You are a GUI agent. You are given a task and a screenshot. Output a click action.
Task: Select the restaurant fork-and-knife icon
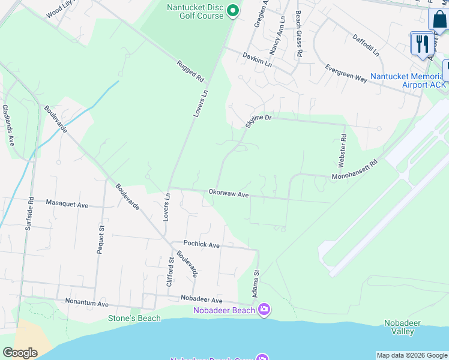(422, 43)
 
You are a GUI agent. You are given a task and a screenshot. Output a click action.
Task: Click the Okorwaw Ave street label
(228, 194)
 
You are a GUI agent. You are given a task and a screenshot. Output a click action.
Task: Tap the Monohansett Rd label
(355, 170)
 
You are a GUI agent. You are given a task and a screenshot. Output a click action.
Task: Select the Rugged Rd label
(190, 71)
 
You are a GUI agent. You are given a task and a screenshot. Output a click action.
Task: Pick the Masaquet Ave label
(67, 204)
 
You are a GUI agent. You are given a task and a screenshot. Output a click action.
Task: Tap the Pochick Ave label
(202, 245)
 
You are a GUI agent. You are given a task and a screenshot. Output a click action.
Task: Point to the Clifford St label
(171, 271)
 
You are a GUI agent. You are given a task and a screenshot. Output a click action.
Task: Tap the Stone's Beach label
(134, 318)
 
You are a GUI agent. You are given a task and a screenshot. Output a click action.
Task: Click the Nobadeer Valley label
(402, 327)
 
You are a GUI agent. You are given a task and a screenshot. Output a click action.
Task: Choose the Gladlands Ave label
(8, 125)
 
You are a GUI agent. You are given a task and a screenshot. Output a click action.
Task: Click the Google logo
(20, 352)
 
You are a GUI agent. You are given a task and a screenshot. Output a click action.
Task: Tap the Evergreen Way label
(346, 74)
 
